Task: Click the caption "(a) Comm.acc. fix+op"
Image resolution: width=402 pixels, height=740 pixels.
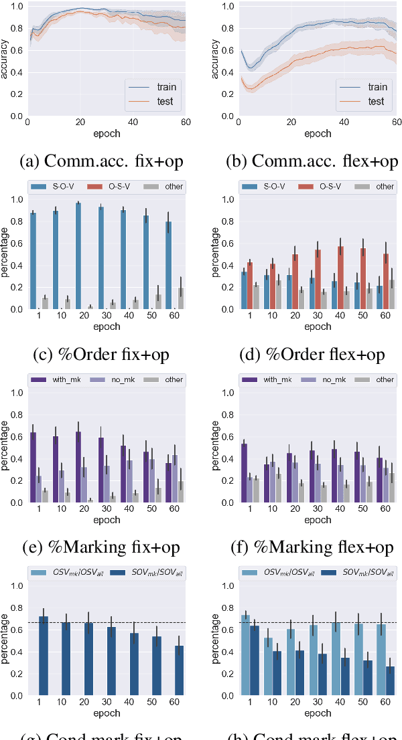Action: (102, 161)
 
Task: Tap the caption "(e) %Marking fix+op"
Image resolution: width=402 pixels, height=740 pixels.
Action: (102, 547)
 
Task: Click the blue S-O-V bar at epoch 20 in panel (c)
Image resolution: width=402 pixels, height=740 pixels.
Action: (78, 256)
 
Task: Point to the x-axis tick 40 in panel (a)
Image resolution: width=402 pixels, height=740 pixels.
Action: (133, 123)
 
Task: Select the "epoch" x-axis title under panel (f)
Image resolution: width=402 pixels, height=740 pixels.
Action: (318, 519)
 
